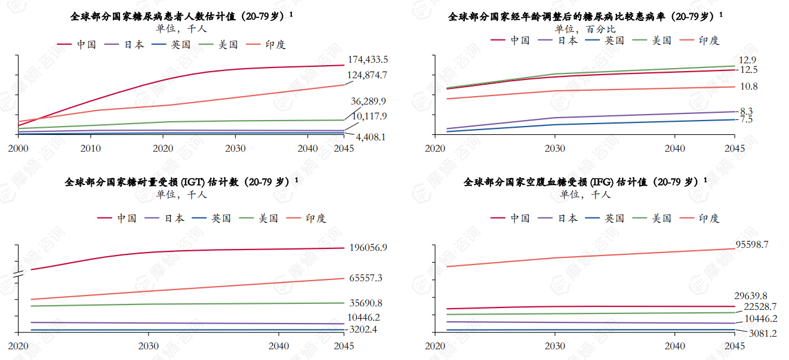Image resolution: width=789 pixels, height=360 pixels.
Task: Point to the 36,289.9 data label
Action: (x=368, y=101)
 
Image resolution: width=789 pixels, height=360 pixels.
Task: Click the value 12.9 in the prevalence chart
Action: (x=747, y=60)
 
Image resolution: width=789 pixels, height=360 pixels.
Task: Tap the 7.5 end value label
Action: (x=746, y=120)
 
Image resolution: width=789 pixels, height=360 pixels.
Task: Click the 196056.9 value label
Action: (x=368, y=247)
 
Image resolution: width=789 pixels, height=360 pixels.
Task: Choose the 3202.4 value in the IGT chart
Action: (x=363, y=330)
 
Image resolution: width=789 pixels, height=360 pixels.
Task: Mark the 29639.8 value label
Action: (x=750, y=296)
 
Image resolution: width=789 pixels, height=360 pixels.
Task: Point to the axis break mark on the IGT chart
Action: (x=18, y=276)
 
